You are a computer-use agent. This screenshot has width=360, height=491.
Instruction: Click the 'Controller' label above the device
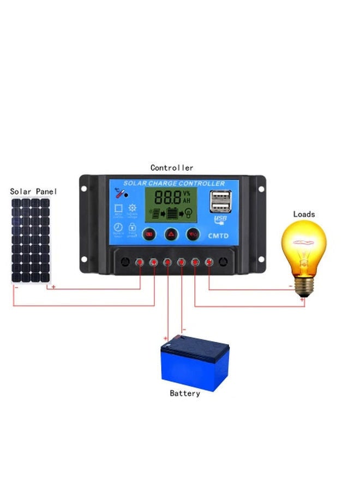[171, 168]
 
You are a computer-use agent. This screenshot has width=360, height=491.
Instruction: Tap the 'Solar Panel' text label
[33, 191]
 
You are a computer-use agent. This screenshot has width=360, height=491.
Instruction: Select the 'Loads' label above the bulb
[304, 214]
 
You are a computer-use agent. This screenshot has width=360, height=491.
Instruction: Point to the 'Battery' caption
[185, 393]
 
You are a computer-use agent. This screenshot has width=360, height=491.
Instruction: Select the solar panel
[31, 241]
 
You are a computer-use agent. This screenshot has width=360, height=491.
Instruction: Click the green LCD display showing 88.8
[171, 205]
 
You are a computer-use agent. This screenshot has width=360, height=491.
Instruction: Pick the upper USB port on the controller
[220, 197]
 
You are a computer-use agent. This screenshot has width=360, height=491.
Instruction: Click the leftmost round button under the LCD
[148, 235]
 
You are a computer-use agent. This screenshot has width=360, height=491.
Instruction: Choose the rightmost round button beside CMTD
[192, 235]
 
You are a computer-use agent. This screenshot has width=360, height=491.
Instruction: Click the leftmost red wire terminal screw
[141, 263]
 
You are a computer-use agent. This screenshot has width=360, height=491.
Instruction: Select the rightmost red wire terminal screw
[208, 263]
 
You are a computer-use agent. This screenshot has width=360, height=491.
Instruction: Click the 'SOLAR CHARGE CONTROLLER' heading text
[174, 183]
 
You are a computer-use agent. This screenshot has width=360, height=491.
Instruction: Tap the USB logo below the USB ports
[220, 220]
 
